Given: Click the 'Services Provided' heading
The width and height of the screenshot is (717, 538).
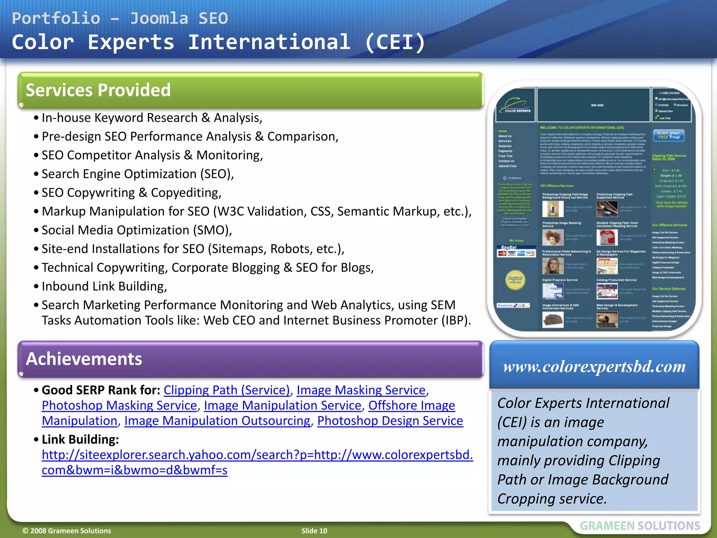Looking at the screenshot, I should [98, 90].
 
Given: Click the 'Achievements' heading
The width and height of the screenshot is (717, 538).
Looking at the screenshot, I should [84, 359].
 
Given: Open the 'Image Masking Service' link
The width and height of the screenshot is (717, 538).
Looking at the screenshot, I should [361, 390].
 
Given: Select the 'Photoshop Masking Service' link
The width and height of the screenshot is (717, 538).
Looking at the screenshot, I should [119, 405].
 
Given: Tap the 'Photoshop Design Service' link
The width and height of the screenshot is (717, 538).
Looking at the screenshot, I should [390, 421].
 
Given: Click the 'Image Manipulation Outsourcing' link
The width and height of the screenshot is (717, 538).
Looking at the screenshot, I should [217, 421].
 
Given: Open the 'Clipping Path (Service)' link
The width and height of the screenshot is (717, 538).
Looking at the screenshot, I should [227, 390].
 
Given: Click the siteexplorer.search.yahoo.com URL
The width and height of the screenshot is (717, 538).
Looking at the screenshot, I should [257, 455].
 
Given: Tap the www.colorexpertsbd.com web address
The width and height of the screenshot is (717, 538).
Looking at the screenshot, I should [594, 367].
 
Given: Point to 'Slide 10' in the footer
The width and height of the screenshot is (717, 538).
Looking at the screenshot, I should [314, 531].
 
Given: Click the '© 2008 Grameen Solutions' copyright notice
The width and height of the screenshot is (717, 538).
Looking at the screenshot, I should [67, 531].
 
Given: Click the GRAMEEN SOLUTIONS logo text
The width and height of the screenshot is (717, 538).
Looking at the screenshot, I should [640, 526].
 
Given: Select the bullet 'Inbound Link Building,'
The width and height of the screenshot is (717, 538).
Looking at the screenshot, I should [104, 287].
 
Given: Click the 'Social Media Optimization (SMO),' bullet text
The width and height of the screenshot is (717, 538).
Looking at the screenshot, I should [137, 230].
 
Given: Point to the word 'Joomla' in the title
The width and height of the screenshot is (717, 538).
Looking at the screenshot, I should [159, 18].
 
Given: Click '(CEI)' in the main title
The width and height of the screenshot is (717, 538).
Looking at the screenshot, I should [395, 42].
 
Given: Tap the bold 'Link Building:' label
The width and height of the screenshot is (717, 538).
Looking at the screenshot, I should [80, 439].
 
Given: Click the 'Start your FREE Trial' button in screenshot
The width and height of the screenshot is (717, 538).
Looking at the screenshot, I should [668, 135].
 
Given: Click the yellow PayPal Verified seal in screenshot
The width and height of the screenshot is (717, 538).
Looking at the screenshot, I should [515, 280].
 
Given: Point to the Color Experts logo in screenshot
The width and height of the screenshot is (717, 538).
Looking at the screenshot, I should [515, 105].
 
